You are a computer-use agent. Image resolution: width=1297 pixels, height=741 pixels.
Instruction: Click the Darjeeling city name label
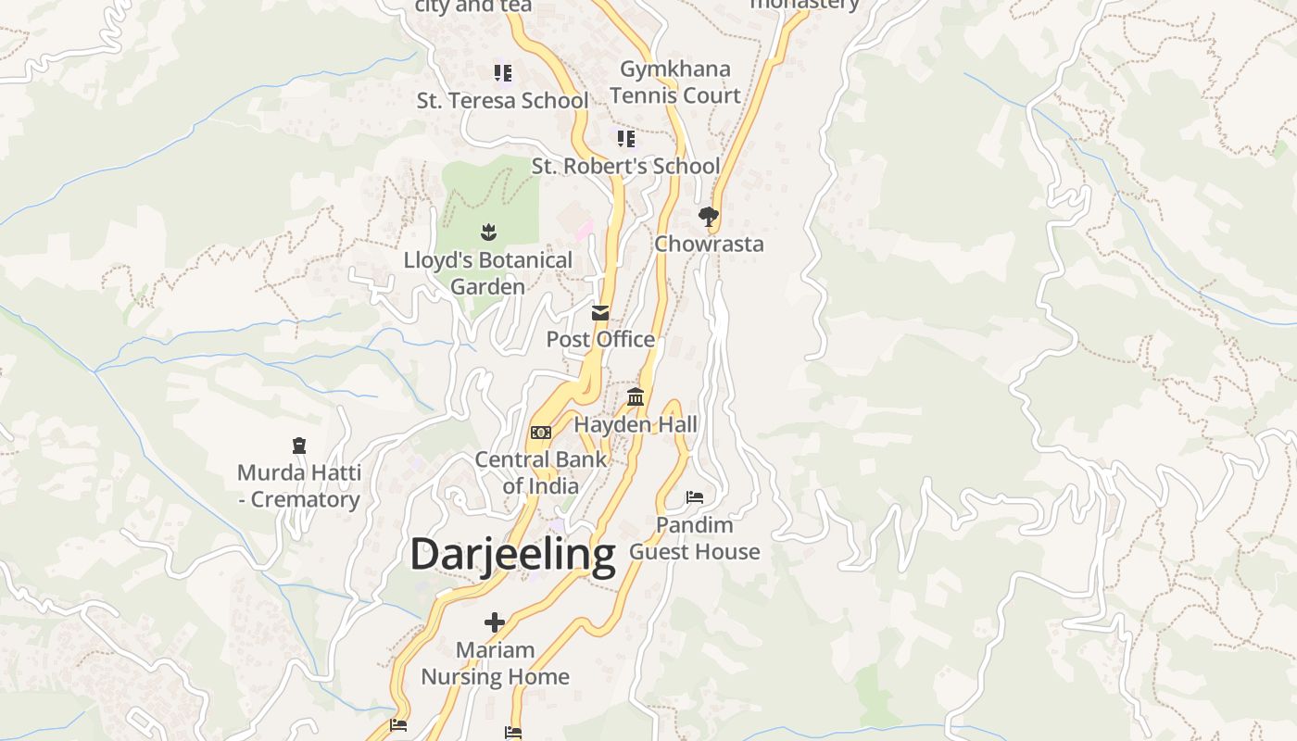[x=512, y=555]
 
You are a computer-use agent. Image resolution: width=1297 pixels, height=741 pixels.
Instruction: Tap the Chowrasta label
[x=709, y=244]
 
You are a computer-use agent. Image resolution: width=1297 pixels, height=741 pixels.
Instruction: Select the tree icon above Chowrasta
[x=709, y=217]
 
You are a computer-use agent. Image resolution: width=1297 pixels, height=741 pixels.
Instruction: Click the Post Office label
[x=600, y=339]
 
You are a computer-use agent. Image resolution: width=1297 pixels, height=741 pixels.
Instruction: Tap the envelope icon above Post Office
[x=600, y=313]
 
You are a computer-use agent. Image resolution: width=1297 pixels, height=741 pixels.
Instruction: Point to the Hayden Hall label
[x=636, y=424]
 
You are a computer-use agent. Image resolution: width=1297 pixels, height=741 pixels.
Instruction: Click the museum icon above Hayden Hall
[x=636, y=397]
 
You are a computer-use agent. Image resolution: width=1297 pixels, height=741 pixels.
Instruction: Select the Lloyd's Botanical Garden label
[x=488, y=273]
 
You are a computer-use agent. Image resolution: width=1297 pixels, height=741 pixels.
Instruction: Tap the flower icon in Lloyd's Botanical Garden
[x=488, y=232]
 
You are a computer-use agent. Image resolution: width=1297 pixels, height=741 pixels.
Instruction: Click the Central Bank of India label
[x=541, y=472]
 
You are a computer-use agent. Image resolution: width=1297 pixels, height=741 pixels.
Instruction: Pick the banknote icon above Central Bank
[x=541, y=433]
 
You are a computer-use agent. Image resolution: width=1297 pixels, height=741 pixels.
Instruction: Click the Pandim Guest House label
[x=695, y=538]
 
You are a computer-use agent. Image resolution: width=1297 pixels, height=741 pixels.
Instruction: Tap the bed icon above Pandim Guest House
[x=695, y=497]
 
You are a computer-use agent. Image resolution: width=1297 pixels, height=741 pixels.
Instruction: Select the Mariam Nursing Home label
[x=496, y=663]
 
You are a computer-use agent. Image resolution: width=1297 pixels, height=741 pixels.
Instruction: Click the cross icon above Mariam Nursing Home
[x=495, y=622]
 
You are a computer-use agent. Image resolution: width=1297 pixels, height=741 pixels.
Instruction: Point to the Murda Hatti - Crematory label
[x=298, y=486]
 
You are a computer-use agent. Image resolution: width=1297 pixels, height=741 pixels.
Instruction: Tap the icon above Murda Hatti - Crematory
[x=298, y=446]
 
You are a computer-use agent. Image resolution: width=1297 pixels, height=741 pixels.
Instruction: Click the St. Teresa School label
[x=502, y=100]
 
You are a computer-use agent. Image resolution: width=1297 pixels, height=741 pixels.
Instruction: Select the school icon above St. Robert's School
[x=626, y=139]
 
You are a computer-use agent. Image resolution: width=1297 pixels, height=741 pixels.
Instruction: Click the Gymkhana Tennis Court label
[x=675, y=82]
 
